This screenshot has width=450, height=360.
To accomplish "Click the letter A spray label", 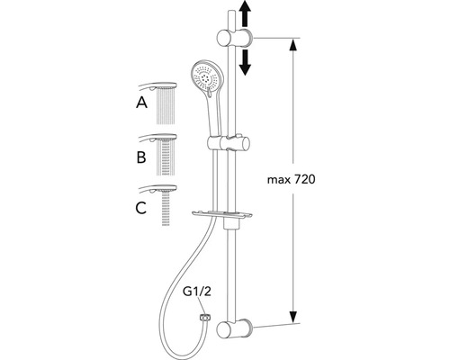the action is coord(141,103).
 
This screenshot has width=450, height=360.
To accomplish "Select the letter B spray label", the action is coord(141,157).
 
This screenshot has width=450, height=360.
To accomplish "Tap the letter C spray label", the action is coord(141,208).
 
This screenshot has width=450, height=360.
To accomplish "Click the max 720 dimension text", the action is coord(292,180).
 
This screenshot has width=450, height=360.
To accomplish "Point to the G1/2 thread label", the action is coord(197,292).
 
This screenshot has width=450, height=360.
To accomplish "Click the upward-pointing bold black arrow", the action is coord(245,13).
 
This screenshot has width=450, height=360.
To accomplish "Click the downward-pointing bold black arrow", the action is coord(246,62).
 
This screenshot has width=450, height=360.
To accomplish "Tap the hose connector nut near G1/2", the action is coord(205,317).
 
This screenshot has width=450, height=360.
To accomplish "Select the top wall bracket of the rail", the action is coord(235,38).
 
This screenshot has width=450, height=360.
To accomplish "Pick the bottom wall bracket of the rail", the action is coord(234,328).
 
